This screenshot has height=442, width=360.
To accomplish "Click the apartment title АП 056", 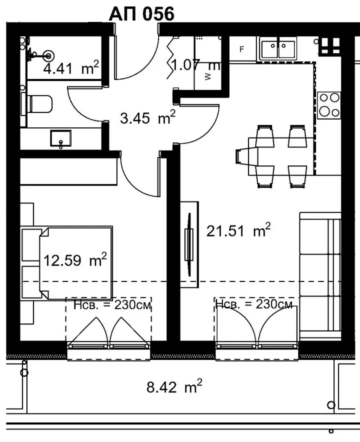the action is tap(141, 14).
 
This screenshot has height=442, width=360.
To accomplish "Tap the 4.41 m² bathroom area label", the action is tap(71, 67).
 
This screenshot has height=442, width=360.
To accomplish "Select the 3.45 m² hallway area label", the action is tap(147, 117).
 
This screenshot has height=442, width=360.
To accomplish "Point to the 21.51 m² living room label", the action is tap(238, 230).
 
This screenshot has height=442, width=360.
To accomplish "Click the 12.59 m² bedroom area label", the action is tap(75, 260).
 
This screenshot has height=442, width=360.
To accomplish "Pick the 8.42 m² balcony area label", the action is tap(174, 387).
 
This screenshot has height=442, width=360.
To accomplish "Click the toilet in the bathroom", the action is tap(37, 104).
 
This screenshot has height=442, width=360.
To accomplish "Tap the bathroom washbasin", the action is tap(60, 138).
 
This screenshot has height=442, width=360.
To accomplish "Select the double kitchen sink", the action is tap(278, 48).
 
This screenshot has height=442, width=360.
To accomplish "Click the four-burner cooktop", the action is tap(329, 105).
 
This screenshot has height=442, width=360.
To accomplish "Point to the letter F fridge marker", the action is tap(241, 49).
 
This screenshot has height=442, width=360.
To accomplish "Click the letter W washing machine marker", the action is tap(208, 76).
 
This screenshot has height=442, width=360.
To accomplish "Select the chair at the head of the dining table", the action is tap(242, 156).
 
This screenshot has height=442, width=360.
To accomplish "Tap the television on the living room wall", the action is tap(189, 244).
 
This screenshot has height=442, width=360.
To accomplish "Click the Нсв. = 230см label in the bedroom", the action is tap(112, 305).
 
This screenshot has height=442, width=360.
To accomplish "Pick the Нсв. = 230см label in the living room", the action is tap(254, 304).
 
